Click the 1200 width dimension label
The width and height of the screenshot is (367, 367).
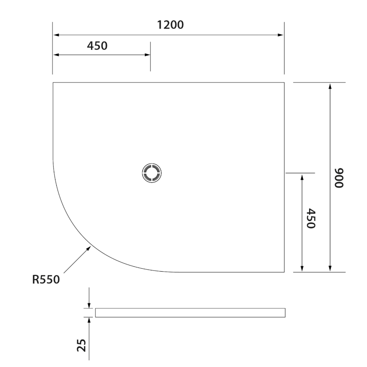pyautogui.click(x=170, y=25)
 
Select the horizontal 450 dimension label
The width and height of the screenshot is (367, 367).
pyautogui.click(x=97, y=46)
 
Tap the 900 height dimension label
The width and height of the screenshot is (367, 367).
pyautogui.click(x=339, y=178)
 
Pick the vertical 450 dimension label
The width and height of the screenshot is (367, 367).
pyautogui.click(x=311, y=218)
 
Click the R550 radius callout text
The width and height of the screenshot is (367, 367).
pyautogui.click(x=46, y=279)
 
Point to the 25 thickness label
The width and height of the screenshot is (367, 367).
pyautogui.click(x=81, y=345)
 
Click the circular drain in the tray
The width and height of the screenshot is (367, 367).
pyautogui.click(x=152, y=173)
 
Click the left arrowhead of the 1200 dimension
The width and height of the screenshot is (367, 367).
pyautogui.click(x=56, y=35)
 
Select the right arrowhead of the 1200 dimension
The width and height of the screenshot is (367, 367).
pyautogui.click(x=281, y=35)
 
